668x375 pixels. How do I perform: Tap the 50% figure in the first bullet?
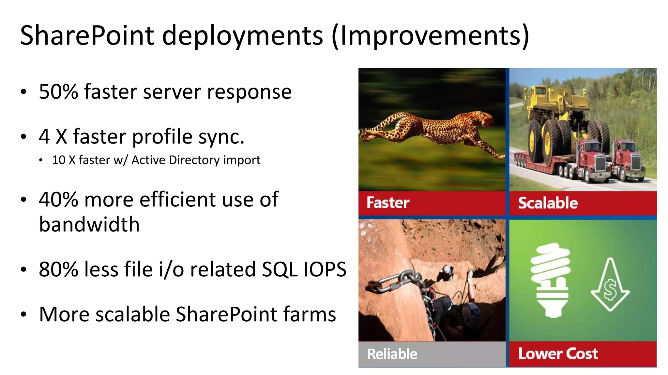pos(59,92)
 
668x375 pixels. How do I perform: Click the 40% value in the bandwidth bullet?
pos(59,200)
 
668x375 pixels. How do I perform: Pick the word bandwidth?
pos(89,225)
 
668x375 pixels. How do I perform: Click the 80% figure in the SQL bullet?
pos(59,270)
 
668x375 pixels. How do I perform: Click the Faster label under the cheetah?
pos(388,203)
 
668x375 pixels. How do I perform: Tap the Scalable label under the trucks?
pos(548,203)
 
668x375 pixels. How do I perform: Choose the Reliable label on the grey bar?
pos(392,354)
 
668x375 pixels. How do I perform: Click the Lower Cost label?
pos(558,354)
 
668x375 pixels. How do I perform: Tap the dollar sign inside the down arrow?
pos(610,289)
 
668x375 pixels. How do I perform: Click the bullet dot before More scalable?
pos(23,315)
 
